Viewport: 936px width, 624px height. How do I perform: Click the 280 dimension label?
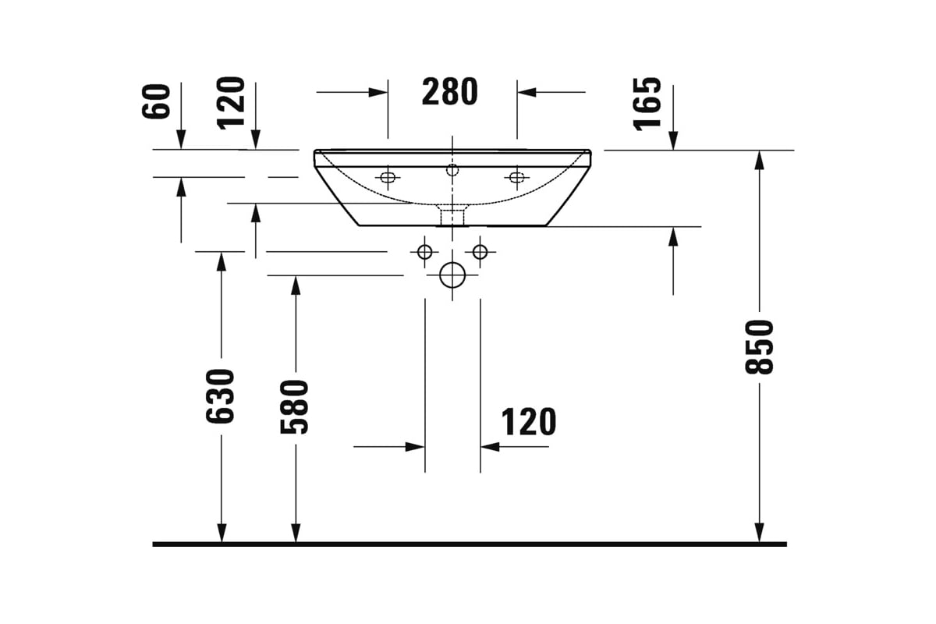(x=449, y=91)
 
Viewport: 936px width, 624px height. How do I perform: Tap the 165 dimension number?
(x=647, y=104)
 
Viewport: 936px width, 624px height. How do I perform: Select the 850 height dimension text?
(x=759, y=347)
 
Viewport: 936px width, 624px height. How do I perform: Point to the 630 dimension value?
(x=220, y=395)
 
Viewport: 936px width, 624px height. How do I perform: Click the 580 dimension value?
(x=294, y=407)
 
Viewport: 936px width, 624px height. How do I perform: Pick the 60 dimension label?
(x=156, y=101)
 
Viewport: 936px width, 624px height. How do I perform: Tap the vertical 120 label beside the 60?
(x=231, y=103)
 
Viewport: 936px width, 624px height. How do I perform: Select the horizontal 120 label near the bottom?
(x=529, y=422)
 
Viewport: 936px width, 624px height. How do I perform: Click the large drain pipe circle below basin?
(x=452, y=275)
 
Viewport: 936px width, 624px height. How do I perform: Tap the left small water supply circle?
(x=425, y=252)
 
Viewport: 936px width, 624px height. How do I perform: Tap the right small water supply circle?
(x=480, y=252)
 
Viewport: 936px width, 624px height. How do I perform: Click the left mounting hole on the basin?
(x=388, y=177)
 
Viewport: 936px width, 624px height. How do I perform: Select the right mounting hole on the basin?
(x=517, y=177)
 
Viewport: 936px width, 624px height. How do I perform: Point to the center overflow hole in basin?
(x=452, y=170)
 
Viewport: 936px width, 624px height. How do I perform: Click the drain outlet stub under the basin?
(x=452, y=214)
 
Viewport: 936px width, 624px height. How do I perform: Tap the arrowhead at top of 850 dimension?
(x=760, y=160)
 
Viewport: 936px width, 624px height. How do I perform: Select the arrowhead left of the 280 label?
(x=378, y=92)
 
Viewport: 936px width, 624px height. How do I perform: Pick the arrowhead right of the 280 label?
(x=527, y=92)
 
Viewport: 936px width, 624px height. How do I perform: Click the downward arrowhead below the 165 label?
(x=673, y=140)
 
